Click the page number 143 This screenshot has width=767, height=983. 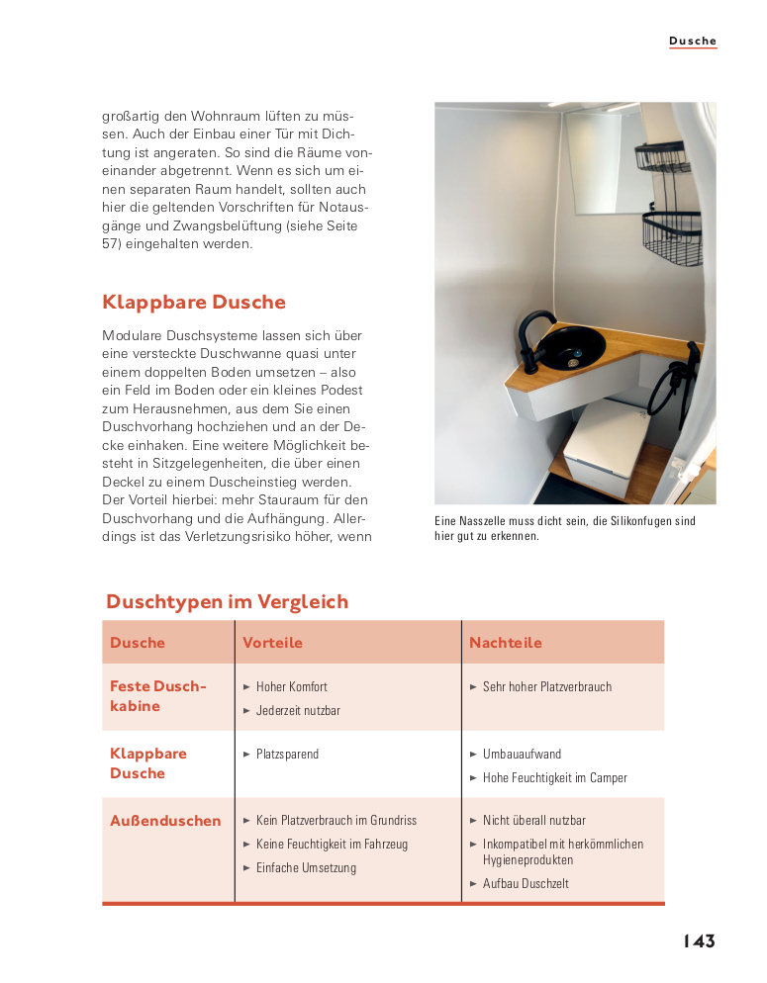[698, 941]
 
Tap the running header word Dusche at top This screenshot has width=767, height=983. [692, 42]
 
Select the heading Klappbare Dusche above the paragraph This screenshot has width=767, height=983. [194, 303]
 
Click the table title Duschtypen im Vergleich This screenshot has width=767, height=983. [227, 602]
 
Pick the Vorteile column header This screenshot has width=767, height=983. [272, 643]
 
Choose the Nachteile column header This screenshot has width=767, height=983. [506, 643]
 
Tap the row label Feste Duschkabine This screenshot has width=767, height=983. [158, 696]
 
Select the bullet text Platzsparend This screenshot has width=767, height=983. [287, 754]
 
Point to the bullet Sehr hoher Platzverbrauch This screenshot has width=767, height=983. [546, 686]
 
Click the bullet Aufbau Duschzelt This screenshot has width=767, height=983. [526, 883]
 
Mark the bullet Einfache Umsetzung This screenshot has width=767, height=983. [306, 867]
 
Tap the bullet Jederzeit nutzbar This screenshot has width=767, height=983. [298, 710]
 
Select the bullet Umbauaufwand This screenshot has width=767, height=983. [522, 754]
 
